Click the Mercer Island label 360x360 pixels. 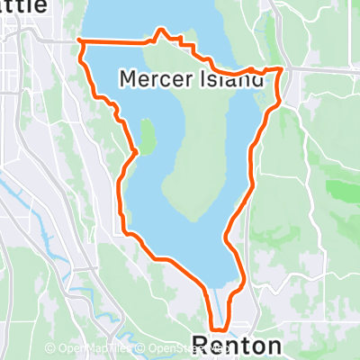(x=192, y=80)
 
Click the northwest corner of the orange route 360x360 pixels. (x=81, y=41)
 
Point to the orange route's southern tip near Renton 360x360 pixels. (x=217, y=328)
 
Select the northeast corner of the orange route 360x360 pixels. (x=283, y=68)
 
